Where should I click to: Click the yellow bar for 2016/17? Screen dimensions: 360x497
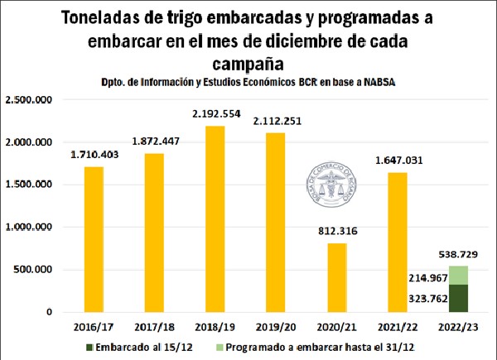[x=94, y=239]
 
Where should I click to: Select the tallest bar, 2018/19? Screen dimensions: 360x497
[x=210, y=219]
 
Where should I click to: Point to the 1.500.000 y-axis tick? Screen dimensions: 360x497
[x=29, y=185]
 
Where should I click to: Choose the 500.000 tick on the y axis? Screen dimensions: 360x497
[x=34, y=270]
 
